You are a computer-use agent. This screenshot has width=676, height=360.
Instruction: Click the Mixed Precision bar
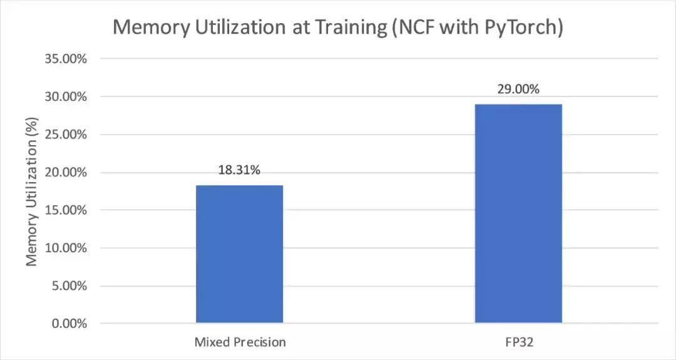[239, 254]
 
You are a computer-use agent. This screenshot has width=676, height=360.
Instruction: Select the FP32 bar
[518, 213]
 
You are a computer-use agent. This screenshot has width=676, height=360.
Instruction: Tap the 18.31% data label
[239, 170]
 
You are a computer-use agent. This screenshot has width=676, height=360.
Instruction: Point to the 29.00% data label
[518, 89]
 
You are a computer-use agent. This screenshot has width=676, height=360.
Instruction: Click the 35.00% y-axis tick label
[66, 59]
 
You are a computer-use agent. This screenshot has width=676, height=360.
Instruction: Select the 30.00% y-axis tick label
[66, 97]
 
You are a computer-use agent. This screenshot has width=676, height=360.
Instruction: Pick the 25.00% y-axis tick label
[66, 135]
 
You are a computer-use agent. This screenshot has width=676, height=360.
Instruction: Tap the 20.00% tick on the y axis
[66, 173]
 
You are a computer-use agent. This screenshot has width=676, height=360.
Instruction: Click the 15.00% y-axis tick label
[66, 210]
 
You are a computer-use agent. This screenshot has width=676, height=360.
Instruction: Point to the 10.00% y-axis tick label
[66, 248]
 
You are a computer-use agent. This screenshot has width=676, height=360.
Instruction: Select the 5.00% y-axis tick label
[68, 286]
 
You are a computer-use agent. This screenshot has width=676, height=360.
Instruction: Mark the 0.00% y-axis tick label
[68, 324]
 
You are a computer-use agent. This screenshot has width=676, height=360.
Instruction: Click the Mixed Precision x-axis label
[240, 342]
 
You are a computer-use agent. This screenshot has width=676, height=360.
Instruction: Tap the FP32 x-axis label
[518, 342]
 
